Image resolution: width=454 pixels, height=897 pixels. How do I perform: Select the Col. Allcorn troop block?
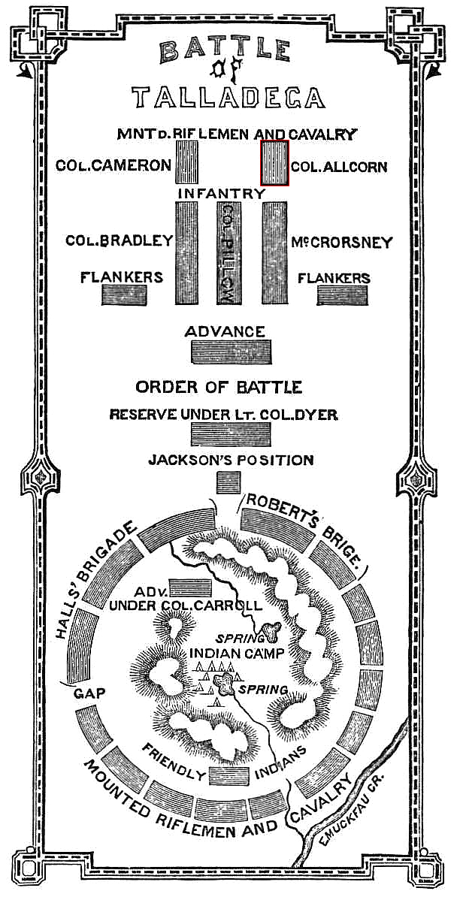click(275, 163)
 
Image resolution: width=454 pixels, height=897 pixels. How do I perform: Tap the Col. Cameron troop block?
click(186, 162)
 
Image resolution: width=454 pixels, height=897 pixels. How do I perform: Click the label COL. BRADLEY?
click(119, 240)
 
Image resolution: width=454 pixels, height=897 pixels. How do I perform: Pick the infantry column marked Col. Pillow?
click(229, 253)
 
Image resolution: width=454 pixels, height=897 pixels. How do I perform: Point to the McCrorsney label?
click(342, 242)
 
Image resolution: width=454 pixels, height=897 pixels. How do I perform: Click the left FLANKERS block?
click(125, 294)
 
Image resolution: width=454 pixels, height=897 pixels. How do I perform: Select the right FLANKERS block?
click(342, 294)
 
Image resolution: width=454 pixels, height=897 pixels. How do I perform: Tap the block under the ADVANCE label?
click(231, 352)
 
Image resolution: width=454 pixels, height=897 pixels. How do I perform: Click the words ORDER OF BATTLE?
click(219, 388)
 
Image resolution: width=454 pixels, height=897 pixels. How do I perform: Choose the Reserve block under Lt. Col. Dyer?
click(231, 433)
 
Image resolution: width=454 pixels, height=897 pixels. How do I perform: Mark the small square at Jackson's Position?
click(229, 482)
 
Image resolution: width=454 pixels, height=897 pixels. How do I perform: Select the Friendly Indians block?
click(229, 776)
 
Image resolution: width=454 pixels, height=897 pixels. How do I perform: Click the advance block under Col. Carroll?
click(191, 587)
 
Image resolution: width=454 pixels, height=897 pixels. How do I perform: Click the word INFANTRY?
click(221, 194)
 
